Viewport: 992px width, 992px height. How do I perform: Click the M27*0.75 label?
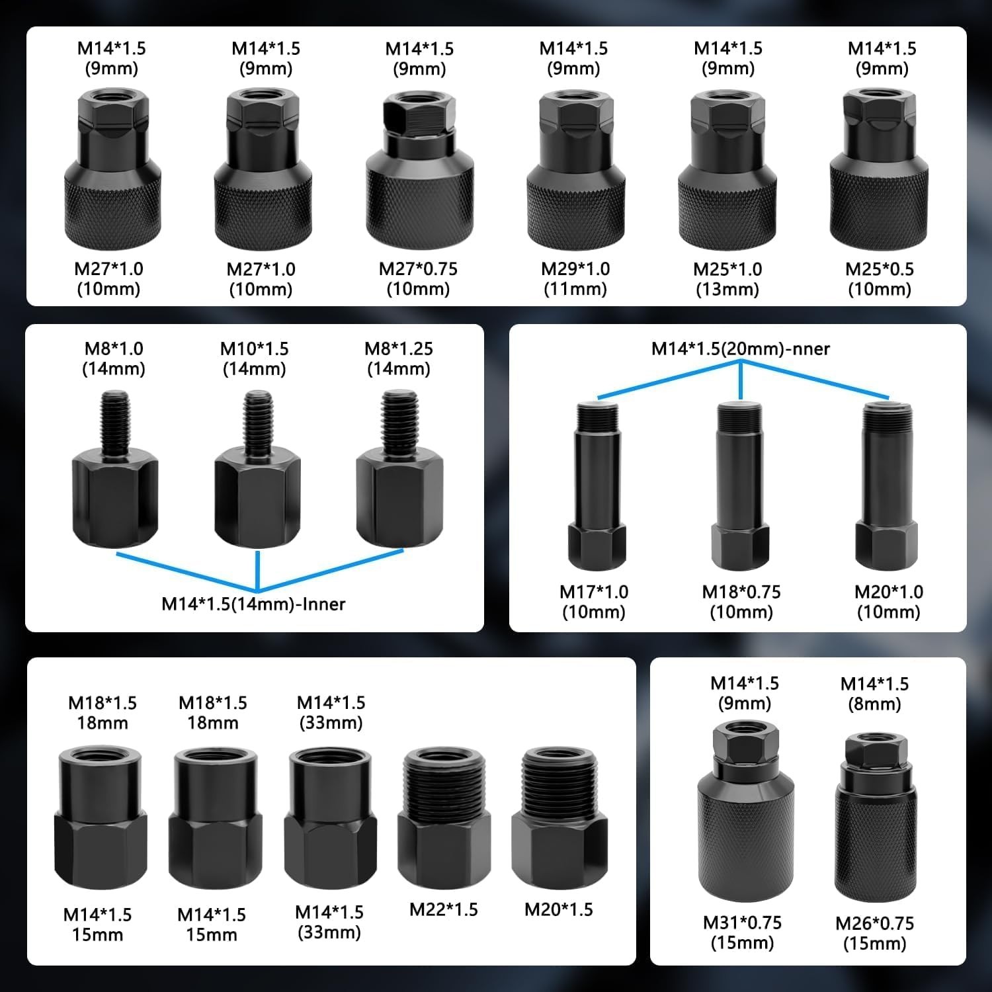click(418, 269)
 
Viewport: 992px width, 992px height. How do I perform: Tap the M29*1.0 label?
click(575, 269)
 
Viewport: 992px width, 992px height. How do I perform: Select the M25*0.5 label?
click(880, 269)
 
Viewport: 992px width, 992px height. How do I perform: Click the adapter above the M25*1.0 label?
click(727, 170)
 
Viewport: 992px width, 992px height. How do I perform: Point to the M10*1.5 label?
click(255, 349)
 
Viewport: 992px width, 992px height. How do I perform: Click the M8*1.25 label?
click(399, 349)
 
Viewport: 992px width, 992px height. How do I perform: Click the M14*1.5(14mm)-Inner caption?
click(253, 604)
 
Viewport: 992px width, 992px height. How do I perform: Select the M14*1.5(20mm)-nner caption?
click(741, 349)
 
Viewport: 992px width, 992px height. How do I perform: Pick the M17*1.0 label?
click(594, 592)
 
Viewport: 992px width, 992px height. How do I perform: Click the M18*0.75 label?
click(741, 592)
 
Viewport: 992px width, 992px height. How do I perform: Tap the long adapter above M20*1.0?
click(887, 485)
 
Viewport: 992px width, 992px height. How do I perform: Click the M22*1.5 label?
click(444, 909)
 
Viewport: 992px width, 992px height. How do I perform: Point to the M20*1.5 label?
click(559, 909)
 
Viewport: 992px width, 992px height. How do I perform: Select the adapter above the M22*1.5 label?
click(444, 817)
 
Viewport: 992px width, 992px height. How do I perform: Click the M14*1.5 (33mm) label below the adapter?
click(329, 923)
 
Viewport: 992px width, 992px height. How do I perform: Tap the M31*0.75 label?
click(742, 923)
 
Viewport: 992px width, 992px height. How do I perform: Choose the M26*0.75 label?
click(875, 923)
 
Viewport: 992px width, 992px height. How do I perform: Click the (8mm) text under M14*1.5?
click(874, 704)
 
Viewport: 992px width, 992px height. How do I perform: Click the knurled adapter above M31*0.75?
click(745, 812)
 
